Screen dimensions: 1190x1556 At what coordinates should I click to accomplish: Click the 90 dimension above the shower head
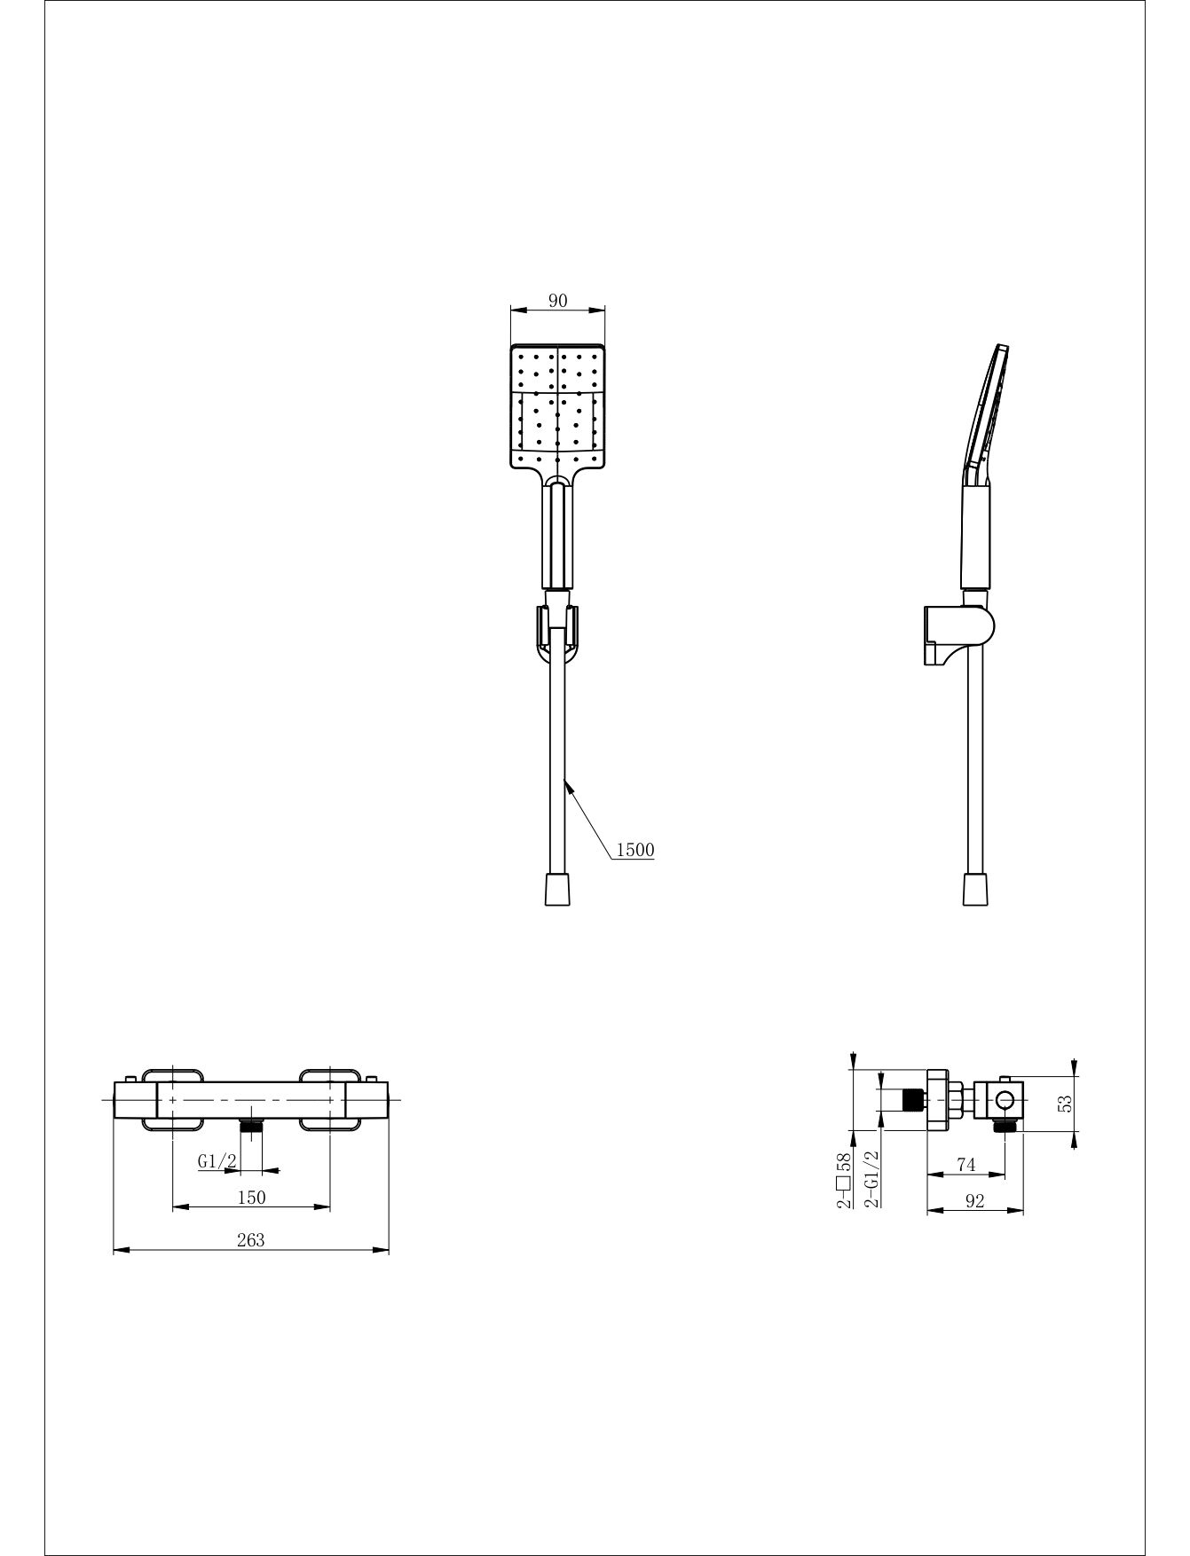(557, 301)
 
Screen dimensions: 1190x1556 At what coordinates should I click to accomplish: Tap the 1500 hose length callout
(634, 850)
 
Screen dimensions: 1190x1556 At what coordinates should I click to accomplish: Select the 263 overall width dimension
(251, 1240)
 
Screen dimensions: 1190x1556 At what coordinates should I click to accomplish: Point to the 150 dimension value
(251, 1197)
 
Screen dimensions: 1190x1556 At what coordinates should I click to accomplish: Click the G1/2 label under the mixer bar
(217, 1160)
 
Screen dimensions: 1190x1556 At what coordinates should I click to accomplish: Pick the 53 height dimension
(1066, 1103)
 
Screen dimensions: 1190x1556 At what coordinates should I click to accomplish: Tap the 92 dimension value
(974, 1201)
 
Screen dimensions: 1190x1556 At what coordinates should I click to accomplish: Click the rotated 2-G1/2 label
(871, 1179)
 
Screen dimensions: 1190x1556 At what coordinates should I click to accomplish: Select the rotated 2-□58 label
(844, 1182)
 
